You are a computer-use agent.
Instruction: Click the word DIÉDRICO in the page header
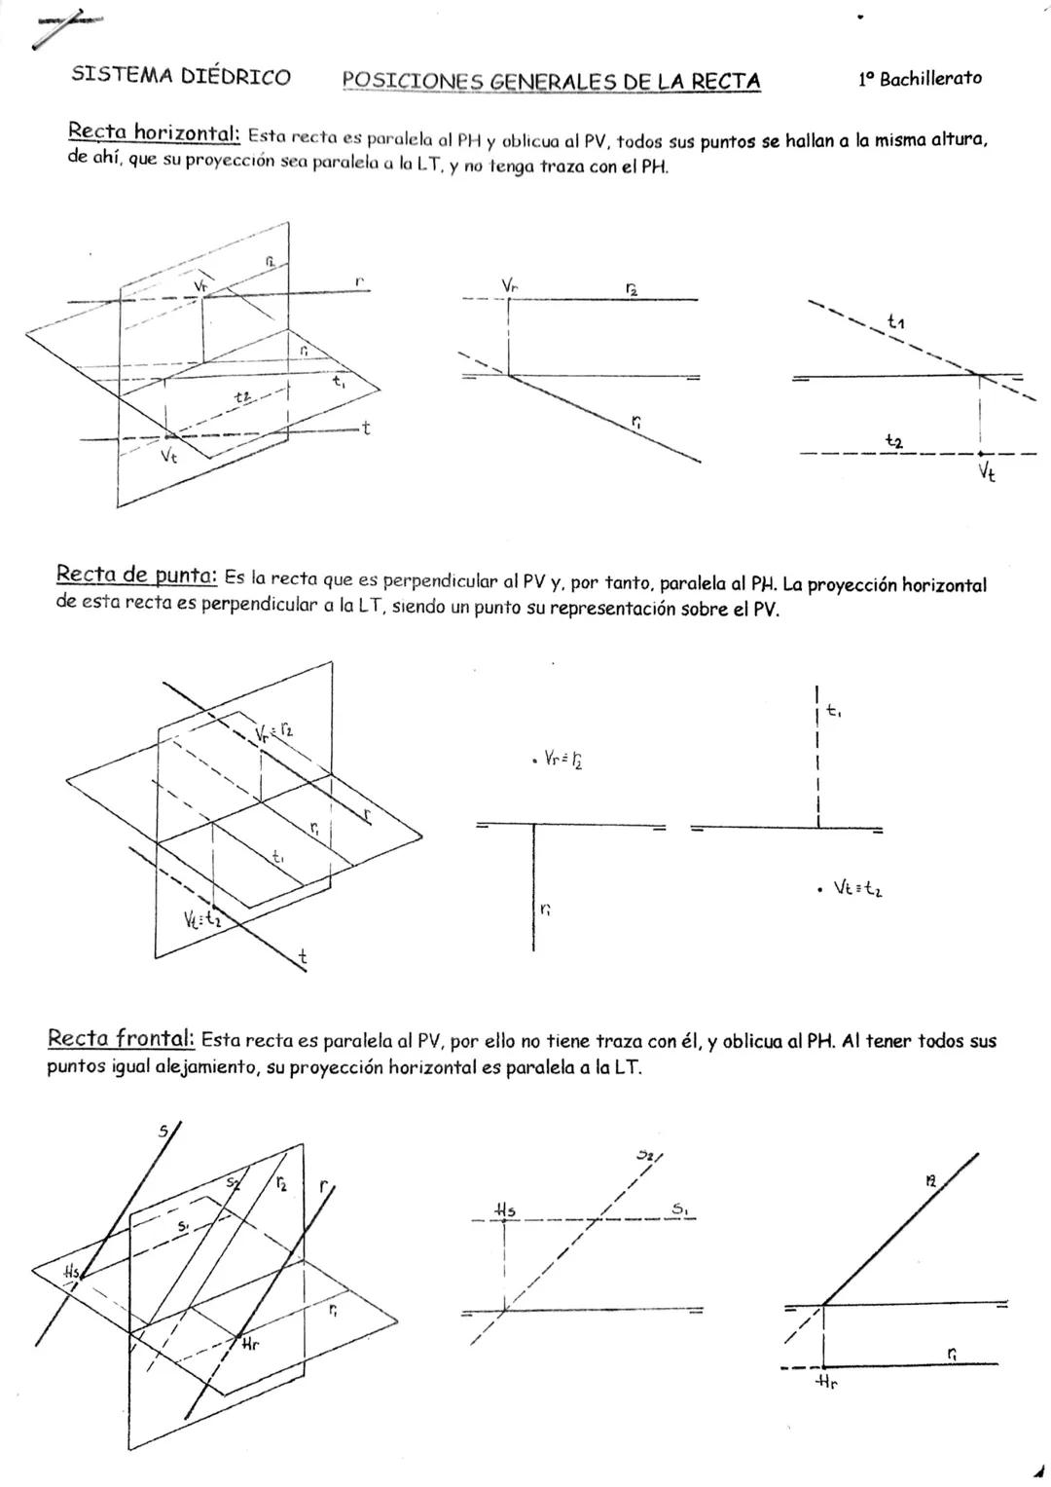pos(236,78)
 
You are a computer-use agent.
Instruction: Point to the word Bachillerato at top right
pos(930,79)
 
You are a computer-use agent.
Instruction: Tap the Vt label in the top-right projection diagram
pos(987,472)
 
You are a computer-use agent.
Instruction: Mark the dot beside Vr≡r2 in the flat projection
pos(534,759)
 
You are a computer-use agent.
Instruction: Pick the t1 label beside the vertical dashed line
pos(834,712)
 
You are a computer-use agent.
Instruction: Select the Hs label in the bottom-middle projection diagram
pos(505,1209)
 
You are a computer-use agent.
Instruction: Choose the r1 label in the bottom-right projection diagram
pos(952,1353)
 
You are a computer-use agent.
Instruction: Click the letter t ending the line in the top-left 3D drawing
pos(365,427)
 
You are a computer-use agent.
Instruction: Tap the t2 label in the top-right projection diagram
pos(893,442)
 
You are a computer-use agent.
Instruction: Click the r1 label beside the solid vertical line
pos(545,910)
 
